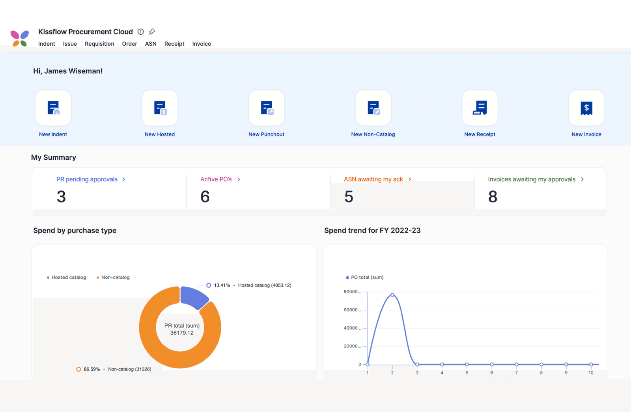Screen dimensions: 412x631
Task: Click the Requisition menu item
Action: point(99,44)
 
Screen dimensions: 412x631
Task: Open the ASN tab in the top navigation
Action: point(151,44)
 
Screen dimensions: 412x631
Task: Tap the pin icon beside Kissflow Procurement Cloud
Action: point(152,32)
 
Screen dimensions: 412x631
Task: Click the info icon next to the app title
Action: point(141,32)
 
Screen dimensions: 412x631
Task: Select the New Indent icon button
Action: point(53,108)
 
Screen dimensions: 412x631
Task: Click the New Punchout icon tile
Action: point(267,108)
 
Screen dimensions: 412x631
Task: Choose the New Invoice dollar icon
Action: point(586,108)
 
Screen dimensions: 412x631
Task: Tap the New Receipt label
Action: point(480,134)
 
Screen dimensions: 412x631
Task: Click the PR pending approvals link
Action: point(87,179)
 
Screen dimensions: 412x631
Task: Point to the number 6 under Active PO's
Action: point(205,197)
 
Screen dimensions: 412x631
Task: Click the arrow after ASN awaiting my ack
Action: point(410,179)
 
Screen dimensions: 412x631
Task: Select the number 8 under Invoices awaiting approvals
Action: point(493,197)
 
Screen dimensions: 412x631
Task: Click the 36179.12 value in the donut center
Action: point(182,333)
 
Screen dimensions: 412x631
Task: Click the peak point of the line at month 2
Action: point(392,295)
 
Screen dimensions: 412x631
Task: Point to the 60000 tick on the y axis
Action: point(352,310)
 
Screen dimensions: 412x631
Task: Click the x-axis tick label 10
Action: point(591,373)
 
